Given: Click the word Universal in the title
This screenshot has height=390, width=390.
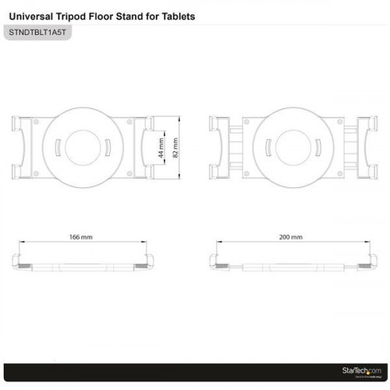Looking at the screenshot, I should (30, 16).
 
